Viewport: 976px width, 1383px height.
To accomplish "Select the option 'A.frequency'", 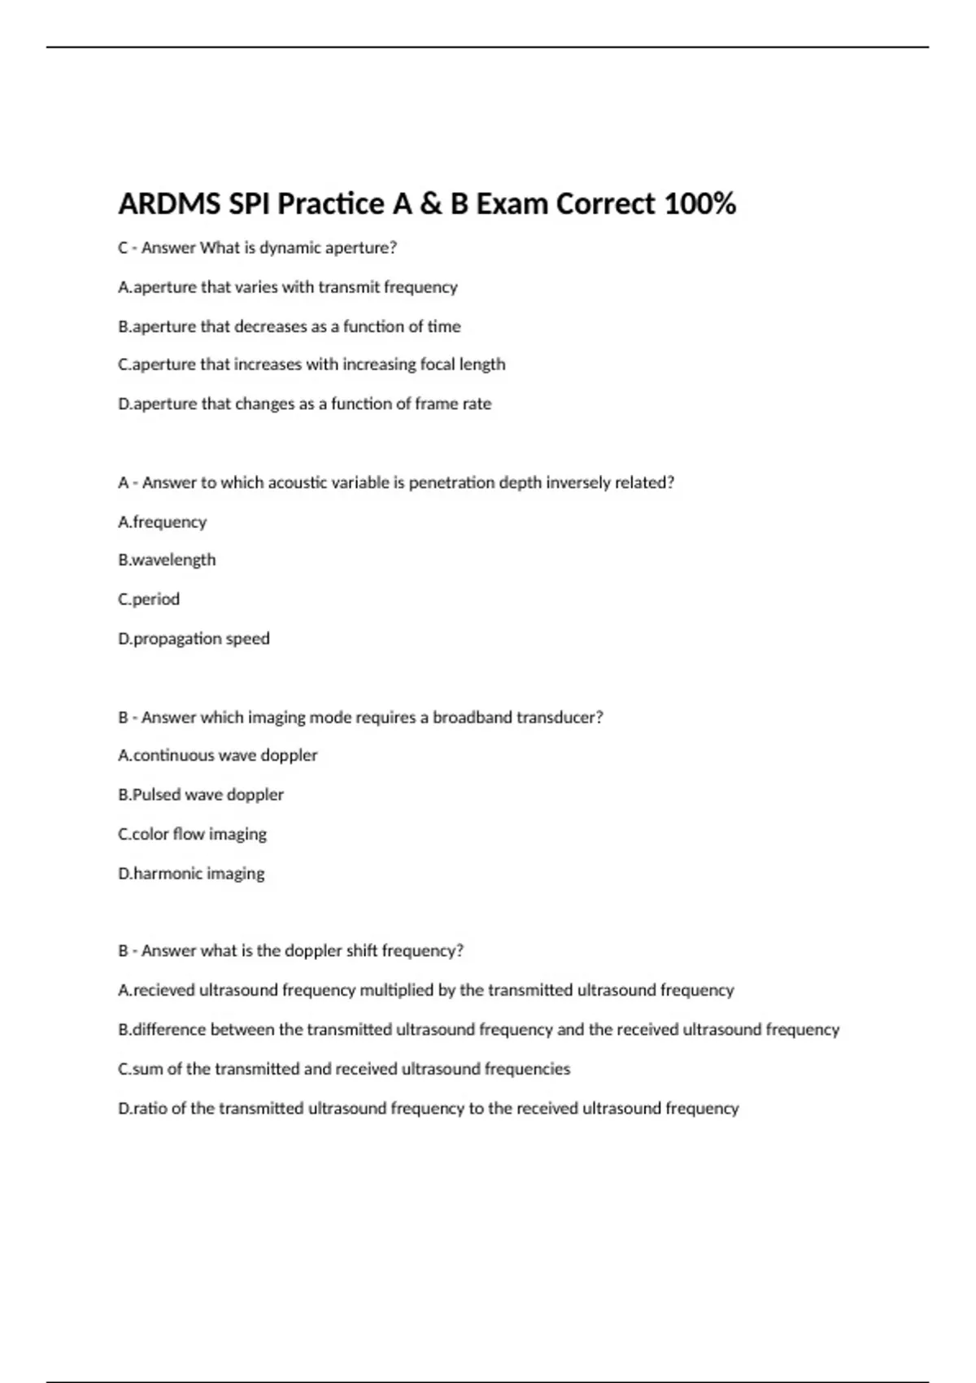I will [162, 521].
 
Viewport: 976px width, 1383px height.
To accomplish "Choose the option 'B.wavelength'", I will [167, 560].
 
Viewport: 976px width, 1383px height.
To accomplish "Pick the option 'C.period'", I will [149, 599].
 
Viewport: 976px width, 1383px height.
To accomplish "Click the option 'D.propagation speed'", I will [194, 639].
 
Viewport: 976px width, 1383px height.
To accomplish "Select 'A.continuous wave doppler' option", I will [217, 755].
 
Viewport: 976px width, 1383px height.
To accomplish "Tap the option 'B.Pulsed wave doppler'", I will [201, 794].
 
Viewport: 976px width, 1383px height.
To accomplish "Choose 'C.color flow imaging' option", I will [192, 834].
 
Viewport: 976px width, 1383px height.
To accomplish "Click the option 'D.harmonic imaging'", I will [191, 873].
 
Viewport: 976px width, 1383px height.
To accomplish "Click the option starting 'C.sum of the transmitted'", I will [344, 1068].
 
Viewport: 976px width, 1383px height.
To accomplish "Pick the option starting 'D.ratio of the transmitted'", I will [428, 1108].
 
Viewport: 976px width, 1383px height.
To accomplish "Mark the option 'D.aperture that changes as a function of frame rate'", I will [304, 404].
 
